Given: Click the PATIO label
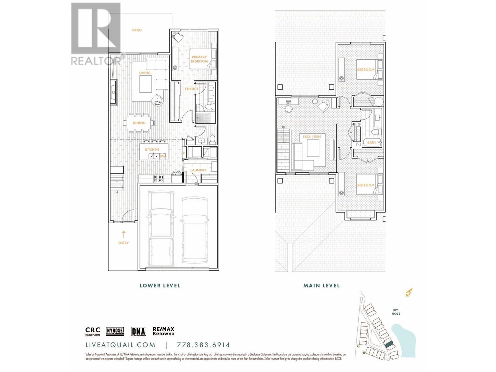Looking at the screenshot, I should (x=137, y=30).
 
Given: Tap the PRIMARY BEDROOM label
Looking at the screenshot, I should (x=199, y=59).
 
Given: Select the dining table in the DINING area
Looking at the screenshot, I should (x=139, y=123).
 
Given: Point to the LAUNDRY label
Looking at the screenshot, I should (x=198, y=170).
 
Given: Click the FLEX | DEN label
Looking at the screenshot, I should (x=312, y=137).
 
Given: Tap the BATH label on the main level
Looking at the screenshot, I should (x=371, y=143).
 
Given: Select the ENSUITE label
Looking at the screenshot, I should (x=192, y=89).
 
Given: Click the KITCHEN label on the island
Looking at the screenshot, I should (x=152, y=150).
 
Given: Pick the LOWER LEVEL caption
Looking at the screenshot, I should (x=160, y=286).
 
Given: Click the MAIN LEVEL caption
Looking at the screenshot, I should (x=321, y=286).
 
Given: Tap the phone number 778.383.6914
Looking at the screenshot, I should (x=203, y=345).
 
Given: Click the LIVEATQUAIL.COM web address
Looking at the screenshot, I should (x=120, y=345).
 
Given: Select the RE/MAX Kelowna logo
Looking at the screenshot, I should (x=163, y=331).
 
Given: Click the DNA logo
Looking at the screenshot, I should (x=138, y=331).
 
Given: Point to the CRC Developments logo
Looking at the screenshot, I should (x=93, y=331).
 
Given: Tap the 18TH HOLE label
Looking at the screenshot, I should (x=396, y=312).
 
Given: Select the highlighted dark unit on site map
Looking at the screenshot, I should (x=389, y=344).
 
